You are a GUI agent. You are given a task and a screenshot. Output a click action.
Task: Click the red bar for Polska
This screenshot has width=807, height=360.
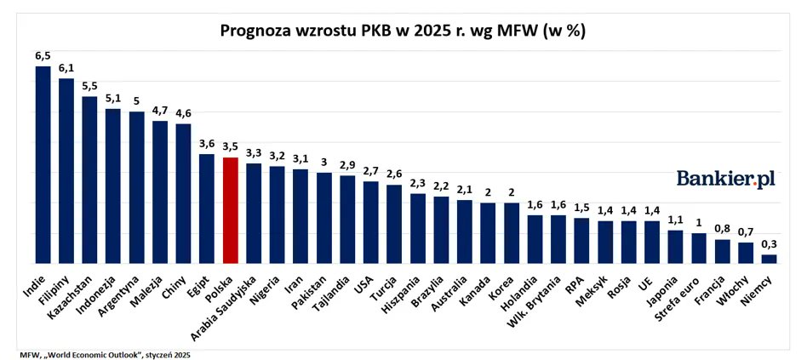(230, 210)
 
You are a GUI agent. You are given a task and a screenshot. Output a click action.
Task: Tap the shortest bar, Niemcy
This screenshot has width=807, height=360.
(769, 259)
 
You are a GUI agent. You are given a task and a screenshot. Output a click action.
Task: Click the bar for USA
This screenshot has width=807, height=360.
(370, 222)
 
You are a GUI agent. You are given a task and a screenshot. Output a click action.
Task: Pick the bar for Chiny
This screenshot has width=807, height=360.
(183, 193)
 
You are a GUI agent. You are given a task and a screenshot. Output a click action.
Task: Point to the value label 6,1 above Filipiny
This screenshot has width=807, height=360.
(66, 68)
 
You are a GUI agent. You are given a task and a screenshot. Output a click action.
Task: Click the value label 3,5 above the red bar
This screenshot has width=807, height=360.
(230, 147)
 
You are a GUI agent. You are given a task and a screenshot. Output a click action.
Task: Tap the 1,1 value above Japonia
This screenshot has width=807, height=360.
(675, 219)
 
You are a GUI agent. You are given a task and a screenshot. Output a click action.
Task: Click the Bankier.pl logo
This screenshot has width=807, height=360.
(726, 178)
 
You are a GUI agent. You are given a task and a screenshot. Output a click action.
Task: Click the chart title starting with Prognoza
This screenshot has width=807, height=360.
(403, 31)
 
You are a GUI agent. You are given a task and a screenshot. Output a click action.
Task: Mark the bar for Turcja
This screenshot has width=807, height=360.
(394, 224)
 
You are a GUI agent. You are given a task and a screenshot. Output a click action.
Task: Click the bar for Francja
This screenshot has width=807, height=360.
(722, 251)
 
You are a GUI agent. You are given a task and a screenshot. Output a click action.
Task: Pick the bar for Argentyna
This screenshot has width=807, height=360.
(136, 187)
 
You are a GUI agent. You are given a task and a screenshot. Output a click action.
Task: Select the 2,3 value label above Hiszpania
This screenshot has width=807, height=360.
(417, 183)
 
